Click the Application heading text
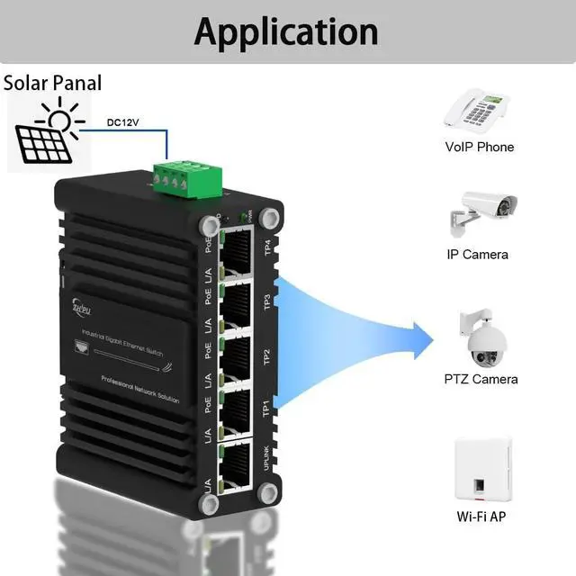286,31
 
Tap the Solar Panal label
53,84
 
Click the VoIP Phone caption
479,147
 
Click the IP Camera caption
477,254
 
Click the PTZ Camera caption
481,379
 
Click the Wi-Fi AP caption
481,517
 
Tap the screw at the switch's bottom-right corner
267,491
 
